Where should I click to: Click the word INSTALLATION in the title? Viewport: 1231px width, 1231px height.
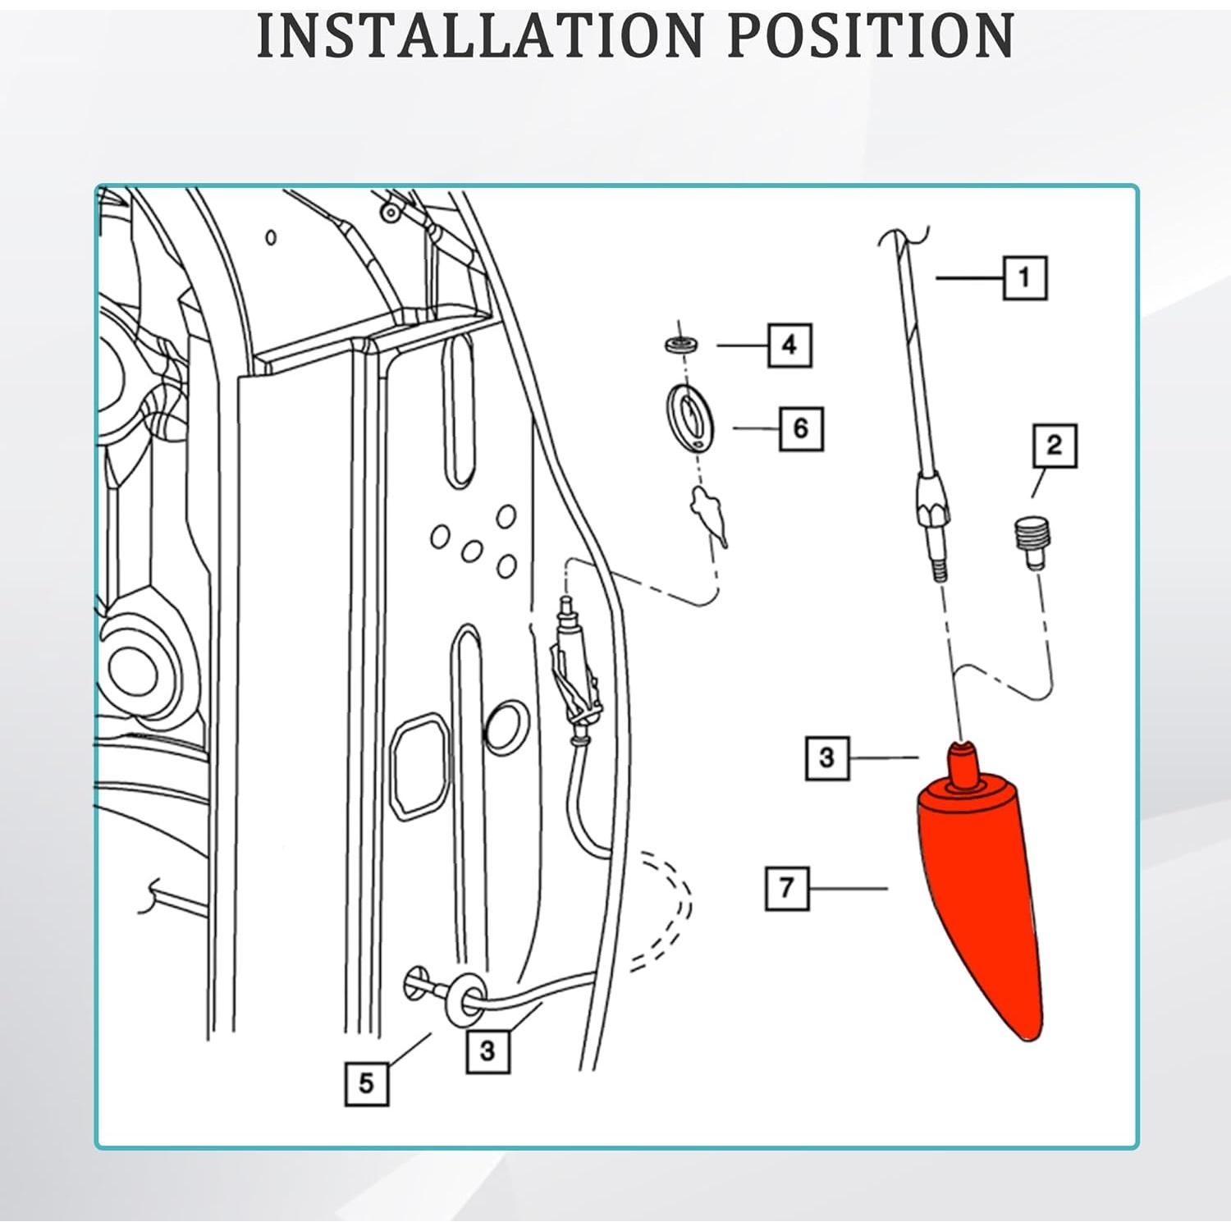pos(479,35)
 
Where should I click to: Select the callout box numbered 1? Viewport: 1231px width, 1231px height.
pos(1025,277)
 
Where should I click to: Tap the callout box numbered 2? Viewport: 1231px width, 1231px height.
pos(1055,446)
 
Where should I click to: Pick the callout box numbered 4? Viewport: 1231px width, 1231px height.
pos(789,345)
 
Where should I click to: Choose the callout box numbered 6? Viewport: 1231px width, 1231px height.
pos(801,428)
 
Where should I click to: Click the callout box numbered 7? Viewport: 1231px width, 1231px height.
pos(787,887)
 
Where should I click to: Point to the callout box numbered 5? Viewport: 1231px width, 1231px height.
pos(366,1083)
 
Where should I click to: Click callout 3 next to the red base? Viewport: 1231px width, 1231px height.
pos(826,758)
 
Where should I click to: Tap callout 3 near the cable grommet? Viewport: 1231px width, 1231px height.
pos(487,1051)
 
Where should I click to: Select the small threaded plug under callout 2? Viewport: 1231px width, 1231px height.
pos(1027,542)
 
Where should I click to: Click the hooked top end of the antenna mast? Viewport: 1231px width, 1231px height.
pos(901,238)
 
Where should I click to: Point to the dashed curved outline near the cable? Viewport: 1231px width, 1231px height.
pos(665,911)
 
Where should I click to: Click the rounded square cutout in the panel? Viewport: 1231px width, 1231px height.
pos(420,764)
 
